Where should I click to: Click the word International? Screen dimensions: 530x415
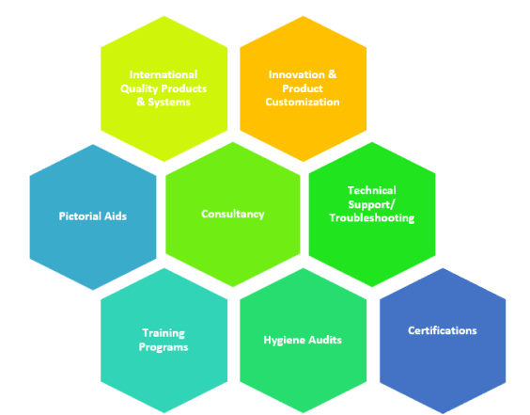pyautogui.click(x=164, y=74)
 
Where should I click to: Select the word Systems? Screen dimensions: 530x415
pyautogui.click(x=169, y=103)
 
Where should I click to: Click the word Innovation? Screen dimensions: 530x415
pyautogui.click(x=296, y=74)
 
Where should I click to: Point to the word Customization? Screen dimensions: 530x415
pyautogui.click(x=303, y=102)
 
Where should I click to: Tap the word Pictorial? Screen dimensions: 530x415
pyautogui.click(x=80, y=215)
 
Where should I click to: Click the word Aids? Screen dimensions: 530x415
pyautogui.click(x=116, y=215)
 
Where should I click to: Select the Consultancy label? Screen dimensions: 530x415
pyautogui.click(x=233, y=215)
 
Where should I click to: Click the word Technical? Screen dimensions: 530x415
pyautogui.click(x=372, y=190)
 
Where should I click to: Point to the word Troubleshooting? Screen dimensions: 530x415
pyautogui.click(x=372, y=218)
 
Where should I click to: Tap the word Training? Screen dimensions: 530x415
pyautogui.click(x=164, y=333)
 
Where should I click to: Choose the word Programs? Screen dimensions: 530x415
pyautogui.click(x=164, y=347)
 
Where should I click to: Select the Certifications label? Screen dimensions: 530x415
pyautogui.click(x=443, y=330)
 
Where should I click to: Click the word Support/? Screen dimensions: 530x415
pyautogui.click(x=371, y=205)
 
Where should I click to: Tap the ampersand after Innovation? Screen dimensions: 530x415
pyautogui.click(x=333, y=74)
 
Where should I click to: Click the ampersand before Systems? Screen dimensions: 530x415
pyautogui.click(x=141, y=102)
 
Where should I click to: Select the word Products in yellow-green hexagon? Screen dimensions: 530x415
pyautogui.click(x=184, y=88)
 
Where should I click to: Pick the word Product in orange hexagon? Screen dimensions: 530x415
pyautogui.click(x=303, y=88)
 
